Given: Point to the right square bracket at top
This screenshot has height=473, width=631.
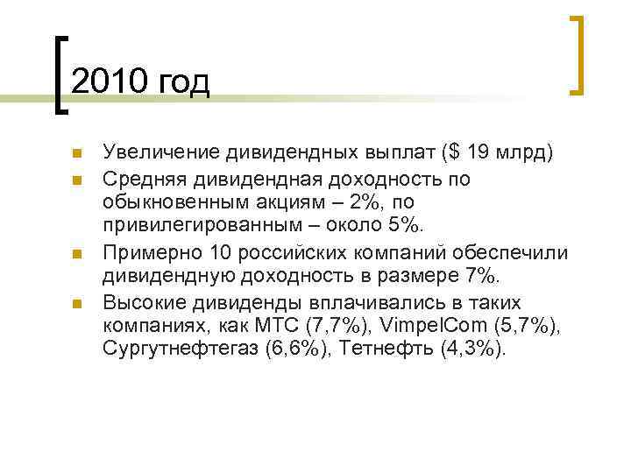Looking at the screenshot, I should pyautogui.click(x=578, y=54).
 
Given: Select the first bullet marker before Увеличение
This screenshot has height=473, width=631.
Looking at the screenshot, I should pyautogui.click(x=76, y=155).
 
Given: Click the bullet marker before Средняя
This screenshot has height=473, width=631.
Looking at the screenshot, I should pyautogui.click(x=76, y=180).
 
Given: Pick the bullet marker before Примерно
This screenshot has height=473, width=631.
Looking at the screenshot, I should pyautogui.click(x=76, y=255).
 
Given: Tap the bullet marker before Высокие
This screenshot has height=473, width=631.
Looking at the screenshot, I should pyautogui.click(x=76, y=304).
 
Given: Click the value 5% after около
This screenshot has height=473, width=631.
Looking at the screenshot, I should pyautogui.click(x=405, y=228).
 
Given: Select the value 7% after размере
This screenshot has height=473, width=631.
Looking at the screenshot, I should pyautogui.click(x=477, y=278).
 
